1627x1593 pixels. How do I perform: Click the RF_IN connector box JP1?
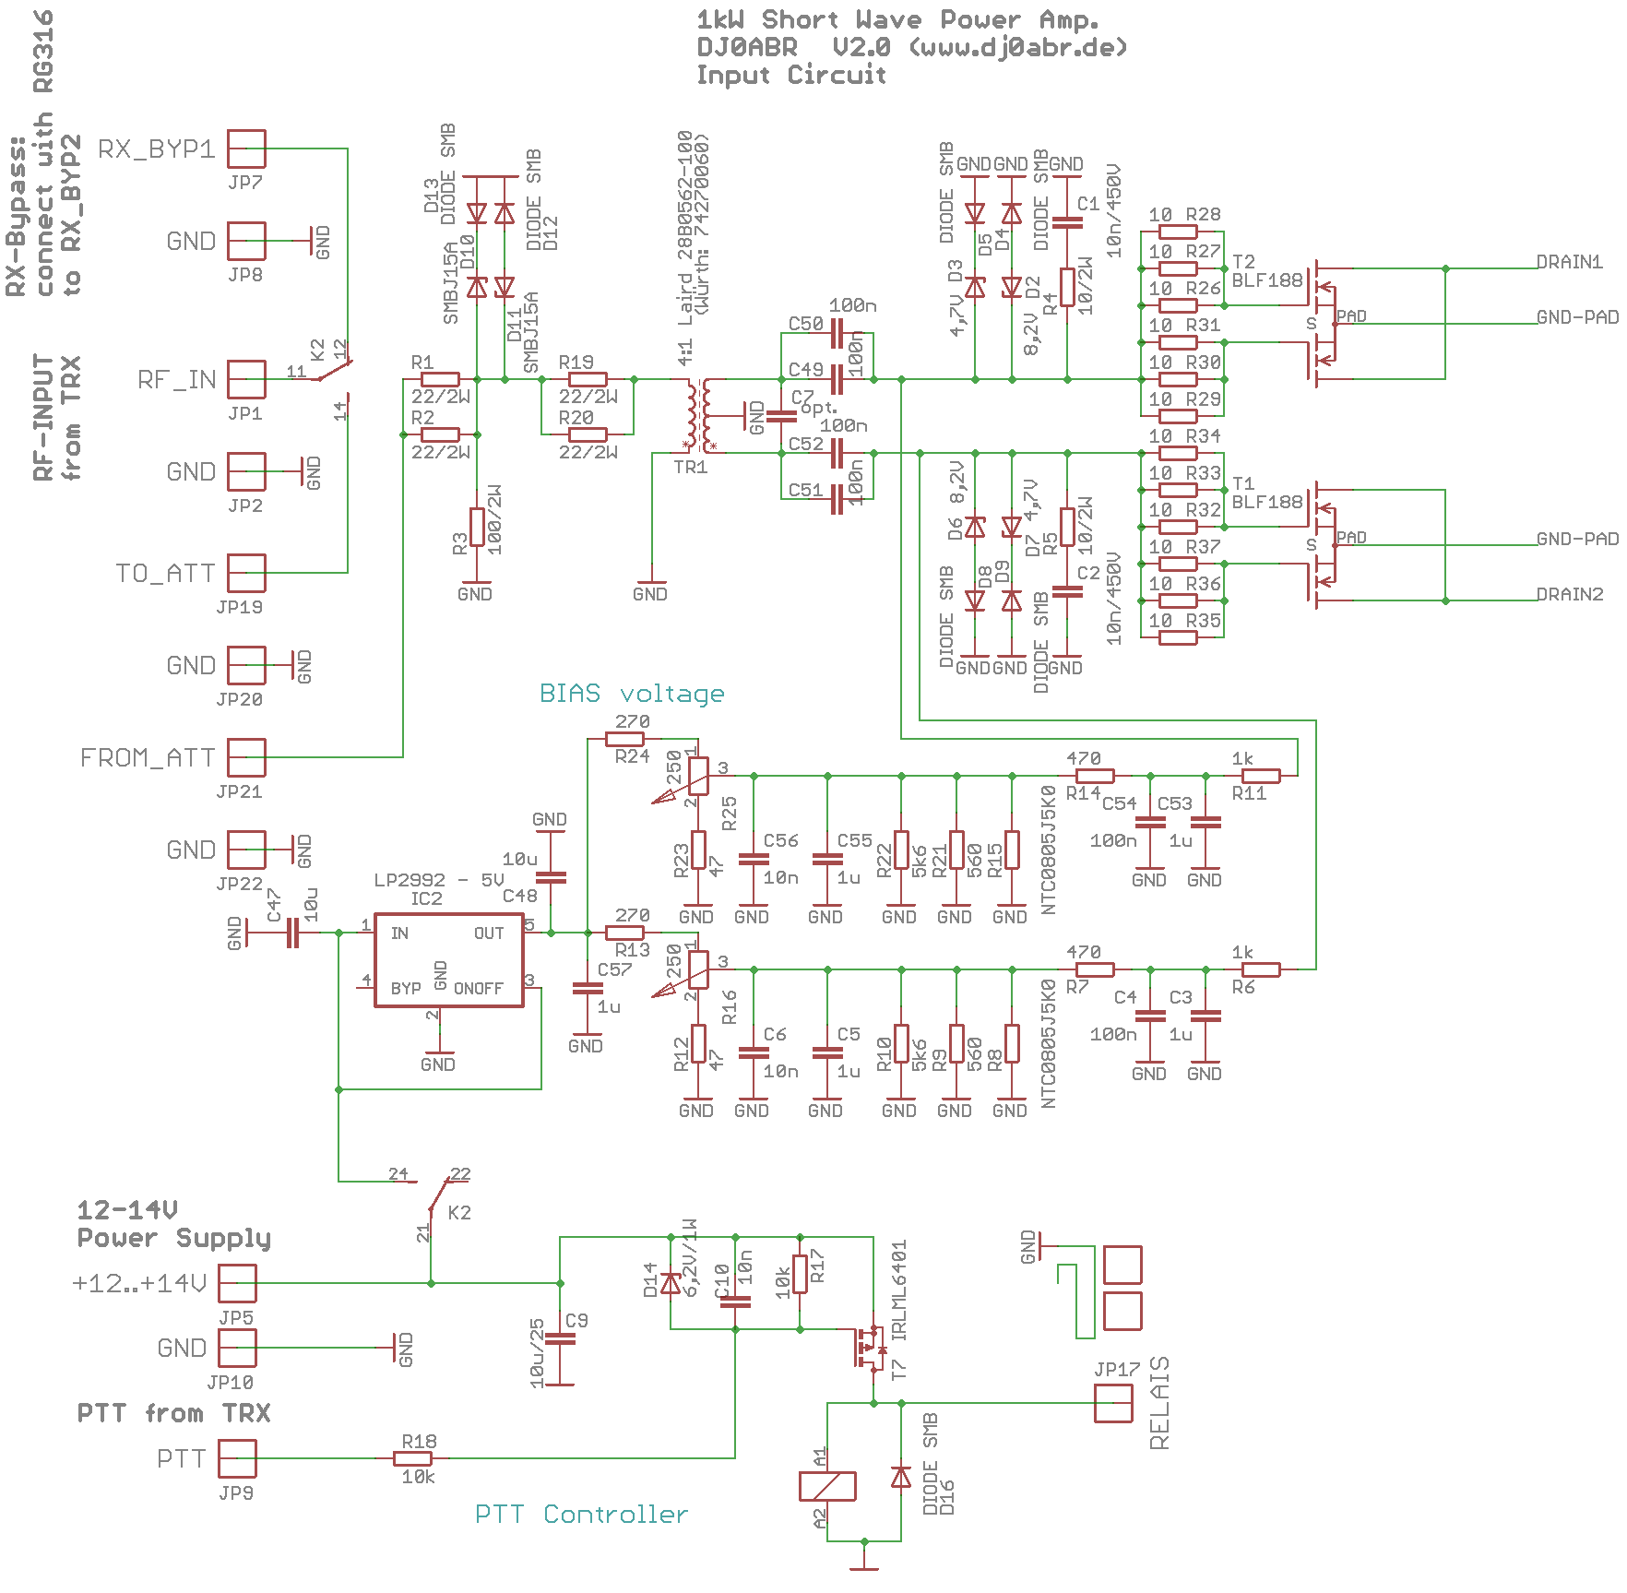tap(246, 379)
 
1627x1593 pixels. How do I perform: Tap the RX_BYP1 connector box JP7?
tap(246, 149)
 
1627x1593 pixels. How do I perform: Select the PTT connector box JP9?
tap(237, 1458)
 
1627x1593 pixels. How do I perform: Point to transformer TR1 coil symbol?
tap(698, 414)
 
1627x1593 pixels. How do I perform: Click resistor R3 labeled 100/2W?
tap(477, 527)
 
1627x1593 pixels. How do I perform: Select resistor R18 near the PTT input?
tap(412, 1458)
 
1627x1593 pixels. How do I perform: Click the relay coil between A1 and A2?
tap(827, 1486)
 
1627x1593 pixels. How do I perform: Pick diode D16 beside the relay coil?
tap(901, 1477)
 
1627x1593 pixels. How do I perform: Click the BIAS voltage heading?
tap(632, 693)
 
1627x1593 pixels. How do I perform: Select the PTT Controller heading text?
tap(581, 1514)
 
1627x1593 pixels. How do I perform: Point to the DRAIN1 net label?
tap(1570, 262)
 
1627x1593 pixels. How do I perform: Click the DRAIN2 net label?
tap(1570, 594)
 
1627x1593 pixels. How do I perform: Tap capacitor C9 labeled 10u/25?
tap(560, 1338)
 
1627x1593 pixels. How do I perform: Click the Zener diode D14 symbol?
tap(671, 1283)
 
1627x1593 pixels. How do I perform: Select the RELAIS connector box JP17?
tap(1113, 1403)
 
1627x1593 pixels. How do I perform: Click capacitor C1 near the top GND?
tap(1067, 222)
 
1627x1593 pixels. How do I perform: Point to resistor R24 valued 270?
tap(624, 739)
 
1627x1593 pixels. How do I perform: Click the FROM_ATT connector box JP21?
tap(246, 757)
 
